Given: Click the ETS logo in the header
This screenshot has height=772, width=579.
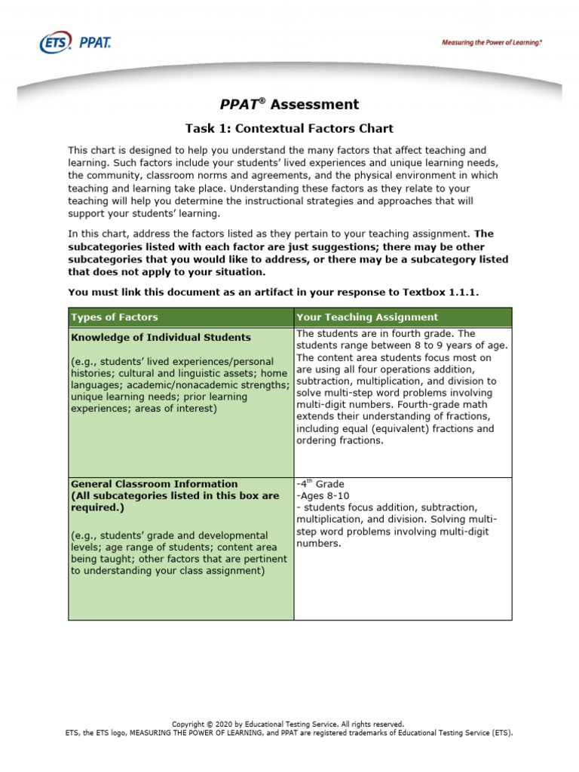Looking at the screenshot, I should [x=56, y=43].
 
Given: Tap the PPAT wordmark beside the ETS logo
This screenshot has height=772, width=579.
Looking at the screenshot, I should [x=95, y=43].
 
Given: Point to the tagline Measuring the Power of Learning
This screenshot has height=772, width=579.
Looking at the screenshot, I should [x=492, y=43].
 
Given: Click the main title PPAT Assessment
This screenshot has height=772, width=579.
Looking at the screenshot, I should [x=289, y=105].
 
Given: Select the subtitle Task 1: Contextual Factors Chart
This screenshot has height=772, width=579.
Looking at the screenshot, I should [x=289, y=129].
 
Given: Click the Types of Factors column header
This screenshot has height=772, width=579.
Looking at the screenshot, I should [x=115, y=317].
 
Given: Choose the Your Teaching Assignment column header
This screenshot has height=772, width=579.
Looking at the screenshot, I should [x=367, y=317].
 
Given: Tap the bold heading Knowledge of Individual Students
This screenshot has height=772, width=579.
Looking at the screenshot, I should [x=161, y=337].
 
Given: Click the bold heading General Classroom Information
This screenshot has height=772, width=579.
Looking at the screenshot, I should [x=154, y=484].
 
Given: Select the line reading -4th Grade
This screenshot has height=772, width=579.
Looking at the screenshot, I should [x=320, y=484].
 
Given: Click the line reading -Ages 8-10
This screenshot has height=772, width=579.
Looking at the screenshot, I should [x=323, y=496].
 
